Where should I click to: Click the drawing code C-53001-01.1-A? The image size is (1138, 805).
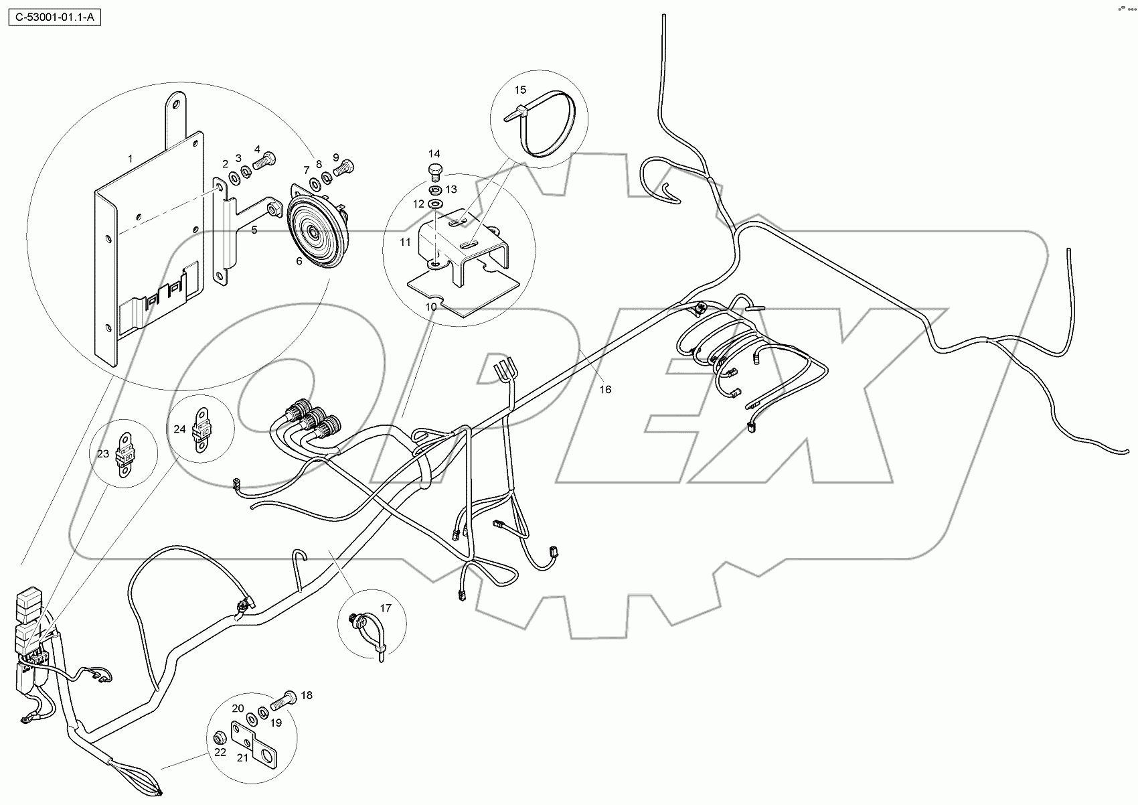pos(53,15)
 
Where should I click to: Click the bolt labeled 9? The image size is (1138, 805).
pos(343,167)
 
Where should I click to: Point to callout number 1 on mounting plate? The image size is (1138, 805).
pos(131,159)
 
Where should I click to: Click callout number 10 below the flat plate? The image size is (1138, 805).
pos(432,307)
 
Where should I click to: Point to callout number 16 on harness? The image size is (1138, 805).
pos(605,389)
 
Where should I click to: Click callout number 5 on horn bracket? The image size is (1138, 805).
pos(254,230)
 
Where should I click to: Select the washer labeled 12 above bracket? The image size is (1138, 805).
pos(436,204)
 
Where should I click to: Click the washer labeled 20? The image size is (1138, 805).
pos(252,719)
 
